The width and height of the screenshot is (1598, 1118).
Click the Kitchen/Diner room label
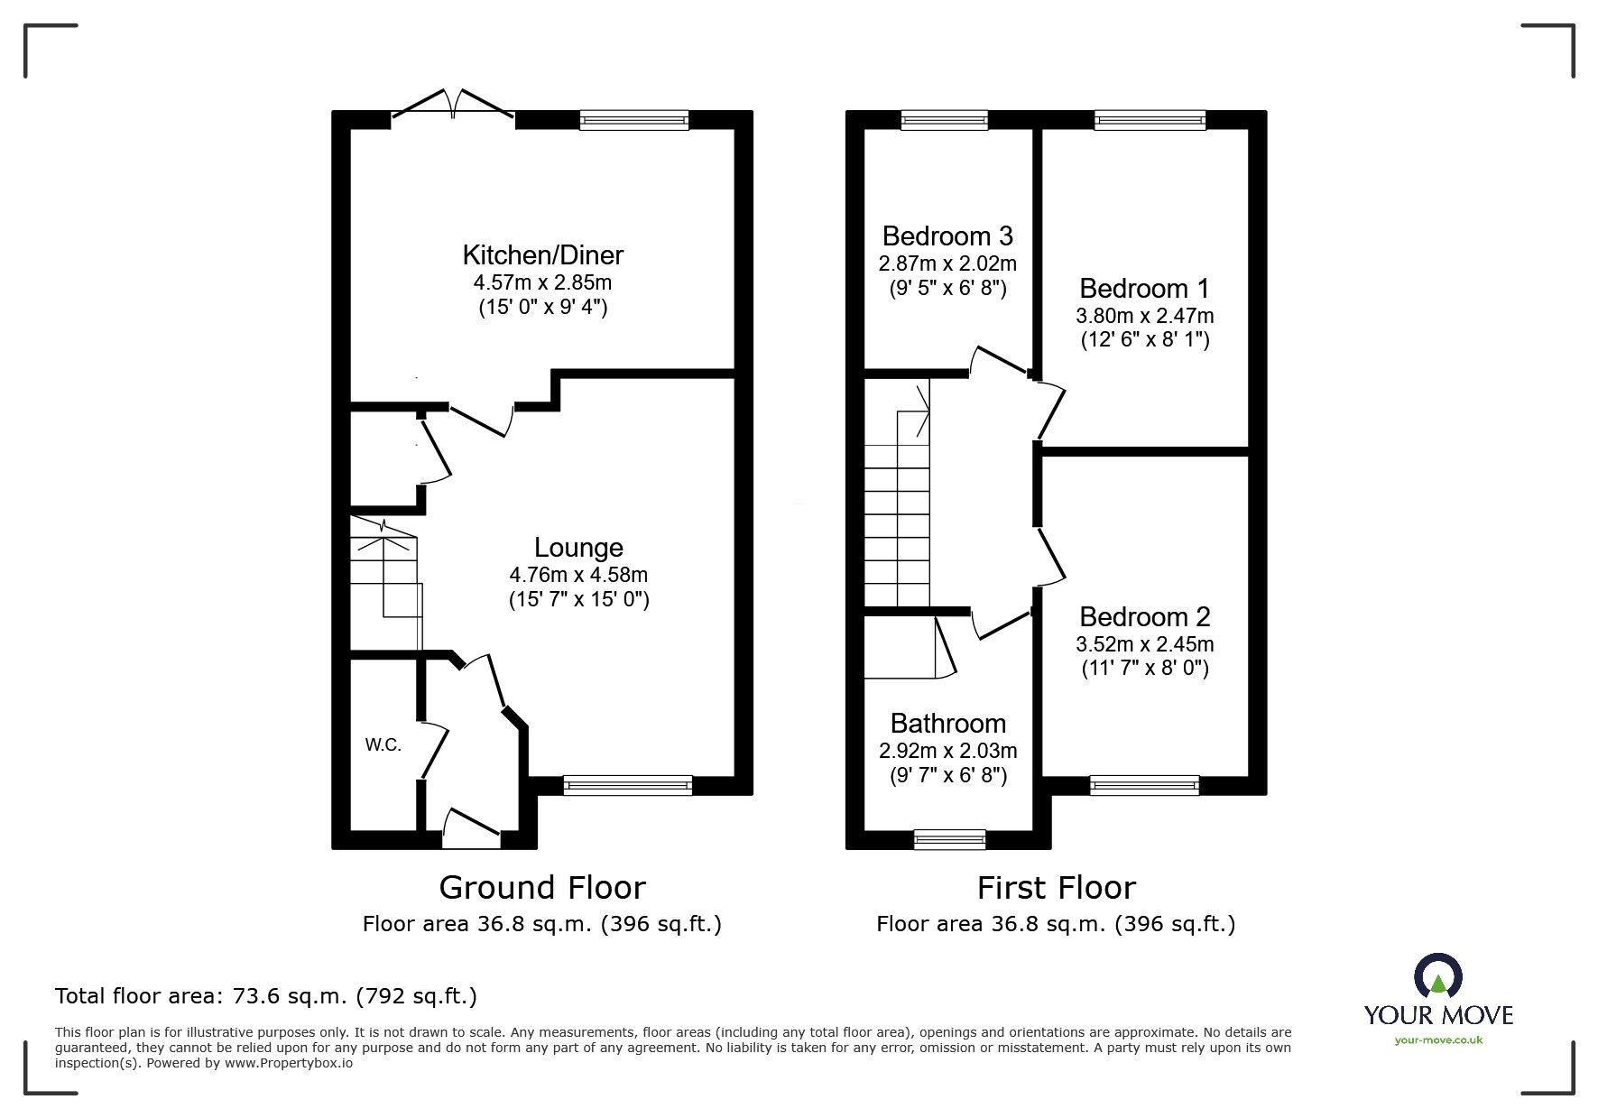(x=542, y=254)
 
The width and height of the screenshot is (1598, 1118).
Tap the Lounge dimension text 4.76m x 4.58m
(x=578, y=575)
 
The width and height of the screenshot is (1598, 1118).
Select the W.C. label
(x=383, y=745)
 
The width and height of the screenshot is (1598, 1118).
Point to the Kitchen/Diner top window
(x=633, y=120)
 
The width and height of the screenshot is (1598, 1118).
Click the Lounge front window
(x=627, y=785)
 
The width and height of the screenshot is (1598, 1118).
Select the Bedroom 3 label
(x=947, y=236)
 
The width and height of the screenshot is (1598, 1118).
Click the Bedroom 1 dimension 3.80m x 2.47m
(x=1144, y=316)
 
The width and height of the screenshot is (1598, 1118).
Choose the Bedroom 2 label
(x=1144, y=617)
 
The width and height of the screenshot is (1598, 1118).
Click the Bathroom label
(x=947, y=724)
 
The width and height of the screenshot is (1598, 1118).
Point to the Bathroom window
(x=949, y=839)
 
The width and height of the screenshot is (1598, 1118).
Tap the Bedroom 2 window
(x=1144, y=785)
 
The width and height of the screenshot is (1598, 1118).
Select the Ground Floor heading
(x=542, y=888)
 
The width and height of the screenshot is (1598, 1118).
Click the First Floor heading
(x=1056, y=888)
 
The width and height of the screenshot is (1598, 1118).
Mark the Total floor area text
(x=266, y=996)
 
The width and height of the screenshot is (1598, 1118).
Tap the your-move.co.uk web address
(x=1438, y=1040)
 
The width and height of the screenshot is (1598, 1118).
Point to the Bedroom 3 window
(x=944, y=120)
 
